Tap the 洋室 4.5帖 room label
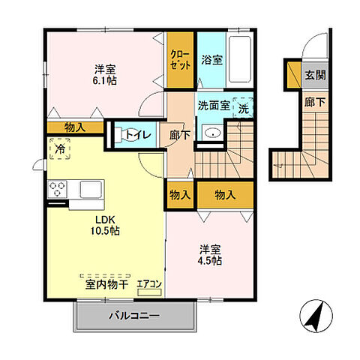210,255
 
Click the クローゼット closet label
180,59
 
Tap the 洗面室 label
213,106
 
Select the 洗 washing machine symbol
244,108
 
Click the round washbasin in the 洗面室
212,133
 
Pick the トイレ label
139,135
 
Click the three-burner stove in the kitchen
58,189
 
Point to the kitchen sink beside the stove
91,188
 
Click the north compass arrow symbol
317,316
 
